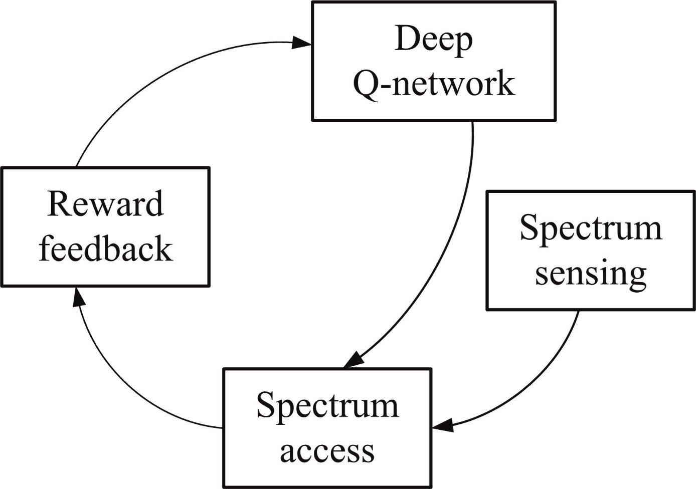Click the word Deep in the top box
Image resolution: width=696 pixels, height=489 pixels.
pyautogui.click(x=433, y=43)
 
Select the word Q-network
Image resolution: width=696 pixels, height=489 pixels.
pyautogui.click(x=434, y=84)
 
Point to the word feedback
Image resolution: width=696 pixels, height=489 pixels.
pyautogui.click(x=106, y=248)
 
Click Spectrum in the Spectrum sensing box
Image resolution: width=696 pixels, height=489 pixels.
pyautogui.click(x=591, y=230)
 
